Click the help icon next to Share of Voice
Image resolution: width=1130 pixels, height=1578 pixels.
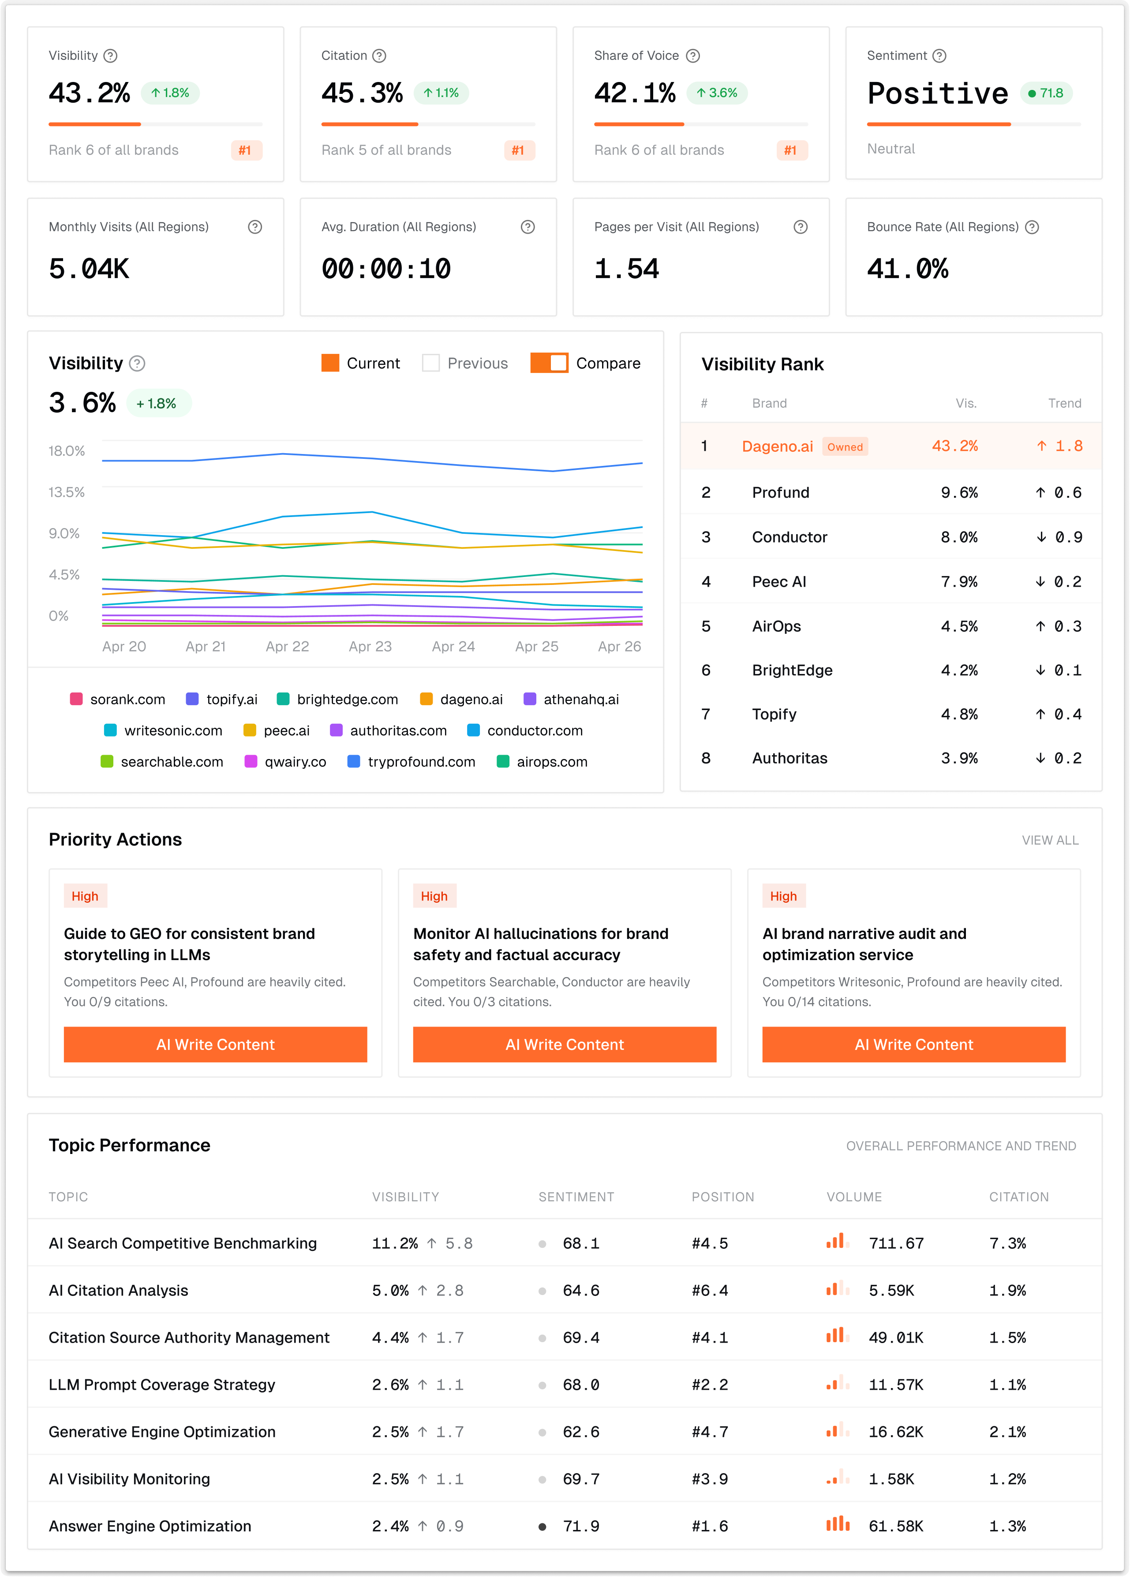coord(692,56)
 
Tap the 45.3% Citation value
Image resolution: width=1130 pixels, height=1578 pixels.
coord(362,93)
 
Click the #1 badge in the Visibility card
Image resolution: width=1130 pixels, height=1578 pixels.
coord(246,150)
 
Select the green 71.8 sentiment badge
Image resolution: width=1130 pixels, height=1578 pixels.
coord(1046,93)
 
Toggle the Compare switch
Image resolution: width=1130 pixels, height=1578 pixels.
coord(549,363)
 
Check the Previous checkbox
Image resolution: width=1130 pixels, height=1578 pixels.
coord(431,363)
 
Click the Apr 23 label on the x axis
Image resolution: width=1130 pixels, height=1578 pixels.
coord(370,647)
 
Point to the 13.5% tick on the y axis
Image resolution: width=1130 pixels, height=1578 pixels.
coord(67,492)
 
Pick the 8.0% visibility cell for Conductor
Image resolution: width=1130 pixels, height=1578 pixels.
coord(959,537)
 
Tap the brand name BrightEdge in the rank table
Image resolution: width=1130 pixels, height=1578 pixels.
coord(792,670)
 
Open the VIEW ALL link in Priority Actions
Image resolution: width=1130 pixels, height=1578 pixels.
coord(1050,840)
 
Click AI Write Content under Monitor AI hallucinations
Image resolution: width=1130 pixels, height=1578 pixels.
coord(564,1045)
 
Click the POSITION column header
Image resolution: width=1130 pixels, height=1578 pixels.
coord(722,1197)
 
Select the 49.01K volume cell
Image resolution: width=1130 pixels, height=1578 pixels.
coord(895,1337)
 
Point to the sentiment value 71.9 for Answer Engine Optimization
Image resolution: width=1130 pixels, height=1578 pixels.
coord(581,1526)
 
